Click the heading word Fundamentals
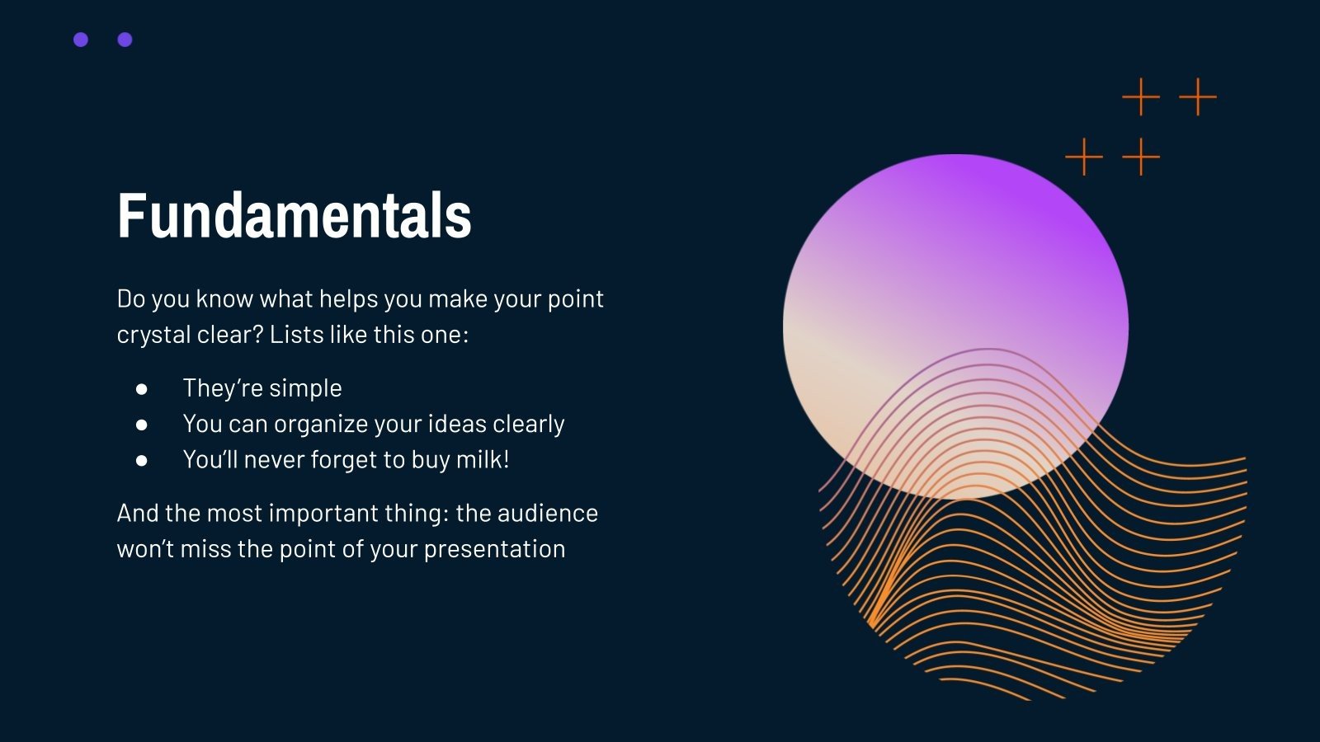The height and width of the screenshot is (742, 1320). pos(294,215)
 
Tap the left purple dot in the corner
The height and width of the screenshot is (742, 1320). pos(81,40)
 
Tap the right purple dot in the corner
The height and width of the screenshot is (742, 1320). pos(125,40)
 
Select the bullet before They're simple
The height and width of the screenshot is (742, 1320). pos(141,389)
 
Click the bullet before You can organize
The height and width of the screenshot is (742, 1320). pos(141,425)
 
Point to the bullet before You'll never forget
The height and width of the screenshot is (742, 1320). pos(141,461)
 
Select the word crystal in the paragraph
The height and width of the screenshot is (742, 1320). pos(153,335)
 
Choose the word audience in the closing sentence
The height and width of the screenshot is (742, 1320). pos(548,513)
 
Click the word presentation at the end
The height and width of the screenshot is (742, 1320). pos(494,549)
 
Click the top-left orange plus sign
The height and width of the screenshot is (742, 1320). pos(1141,96)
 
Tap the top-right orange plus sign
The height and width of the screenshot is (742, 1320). pos(1197,96)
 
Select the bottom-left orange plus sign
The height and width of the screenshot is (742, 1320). pos(1084,157)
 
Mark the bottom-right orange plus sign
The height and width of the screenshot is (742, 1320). pos(1141,157)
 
